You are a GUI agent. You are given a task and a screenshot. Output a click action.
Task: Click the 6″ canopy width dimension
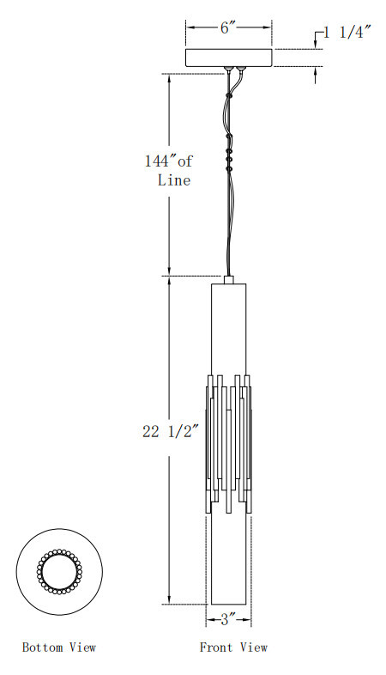[x=228, y=28]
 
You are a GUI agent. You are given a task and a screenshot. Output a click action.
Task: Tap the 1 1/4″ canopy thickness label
[x=347, y=33]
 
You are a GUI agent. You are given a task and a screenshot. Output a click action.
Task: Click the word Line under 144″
[x=174, y=179]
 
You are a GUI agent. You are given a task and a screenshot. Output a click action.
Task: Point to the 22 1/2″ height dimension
[x=171, y=431]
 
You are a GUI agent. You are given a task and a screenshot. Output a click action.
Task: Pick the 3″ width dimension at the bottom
[x=229, y=620]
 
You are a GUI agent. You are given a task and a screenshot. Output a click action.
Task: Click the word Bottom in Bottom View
[x=43, y=647]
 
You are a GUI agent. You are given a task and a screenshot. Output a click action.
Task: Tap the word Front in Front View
[x=217, y=647]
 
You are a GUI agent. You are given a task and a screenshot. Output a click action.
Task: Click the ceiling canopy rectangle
[x=229, y=58]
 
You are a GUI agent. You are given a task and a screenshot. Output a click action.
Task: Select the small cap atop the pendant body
[x=229, y=279]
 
